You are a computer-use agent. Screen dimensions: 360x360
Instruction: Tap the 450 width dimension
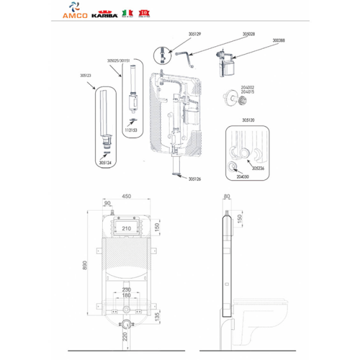[x=127, y=197]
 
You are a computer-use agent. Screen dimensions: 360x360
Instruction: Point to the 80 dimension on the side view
[x=226, y=197]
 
